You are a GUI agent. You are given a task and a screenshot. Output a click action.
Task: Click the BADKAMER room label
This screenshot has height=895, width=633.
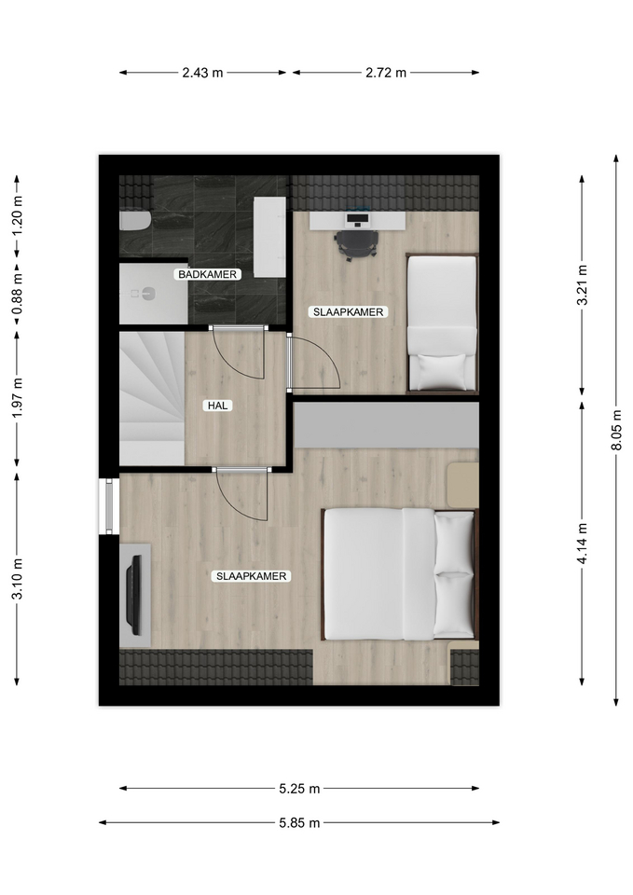click(207, 274)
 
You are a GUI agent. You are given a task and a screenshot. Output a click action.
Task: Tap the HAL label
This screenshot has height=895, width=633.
click(217, 406)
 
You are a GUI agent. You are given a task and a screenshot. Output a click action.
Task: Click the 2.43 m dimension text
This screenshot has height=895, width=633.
click(202, 73)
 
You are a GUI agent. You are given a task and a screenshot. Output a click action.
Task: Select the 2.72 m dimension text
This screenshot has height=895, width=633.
click(386, 73)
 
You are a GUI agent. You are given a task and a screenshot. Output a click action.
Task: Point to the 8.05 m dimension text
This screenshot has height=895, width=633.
click(616, 430)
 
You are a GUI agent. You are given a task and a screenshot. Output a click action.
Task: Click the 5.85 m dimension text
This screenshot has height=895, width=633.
click(299, 823)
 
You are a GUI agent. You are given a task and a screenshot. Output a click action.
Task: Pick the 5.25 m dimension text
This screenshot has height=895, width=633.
click(299, 789)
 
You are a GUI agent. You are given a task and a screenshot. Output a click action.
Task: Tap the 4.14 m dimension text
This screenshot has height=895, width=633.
click(583, 544)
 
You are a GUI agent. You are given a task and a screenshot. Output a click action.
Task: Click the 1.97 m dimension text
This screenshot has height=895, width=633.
click(17, 398)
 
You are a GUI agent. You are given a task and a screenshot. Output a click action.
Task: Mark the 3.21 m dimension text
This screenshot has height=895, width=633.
click(583, 285)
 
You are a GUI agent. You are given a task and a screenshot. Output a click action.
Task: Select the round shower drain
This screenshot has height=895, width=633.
click(149, 294)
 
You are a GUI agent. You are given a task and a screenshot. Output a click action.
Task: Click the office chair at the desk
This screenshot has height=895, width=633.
click(355, 244)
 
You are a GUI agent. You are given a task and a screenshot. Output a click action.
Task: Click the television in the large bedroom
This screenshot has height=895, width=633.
click(133, 595)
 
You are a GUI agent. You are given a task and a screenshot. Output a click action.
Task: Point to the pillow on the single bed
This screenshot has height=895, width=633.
click(443, 371)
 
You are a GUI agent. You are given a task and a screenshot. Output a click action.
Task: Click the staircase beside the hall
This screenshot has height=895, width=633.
click(152, 398)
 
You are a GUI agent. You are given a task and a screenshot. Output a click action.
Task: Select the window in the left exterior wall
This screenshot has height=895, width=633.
click(109, 505)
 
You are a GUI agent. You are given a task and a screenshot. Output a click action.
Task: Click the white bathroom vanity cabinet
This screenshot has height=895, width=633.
click(269, 238)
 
